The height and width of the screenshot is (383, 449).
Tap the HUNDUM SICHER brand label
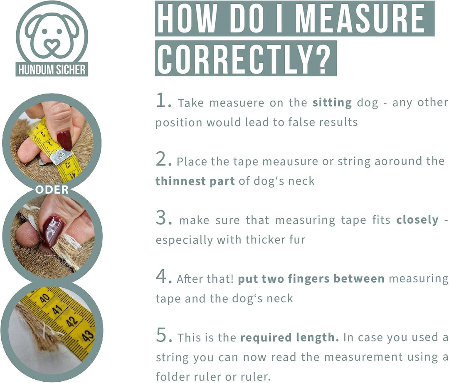click(52, 69)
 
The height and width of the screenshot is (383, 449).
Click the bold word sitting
click(332, 103)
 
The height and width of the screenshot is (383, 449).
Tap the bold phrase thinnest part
click(195, 181)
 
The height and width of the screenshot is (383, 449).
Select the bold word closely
click(417, 220)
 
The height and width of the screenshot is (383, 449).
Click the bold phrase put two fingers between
click(311, 279)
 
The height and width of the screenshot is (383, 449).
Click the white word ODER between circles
click(52, 190)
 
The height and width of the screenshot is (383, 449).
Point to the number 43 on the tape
click(87, 335)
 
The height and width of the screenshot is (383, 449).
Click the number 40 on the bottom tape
click(44, 298)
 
